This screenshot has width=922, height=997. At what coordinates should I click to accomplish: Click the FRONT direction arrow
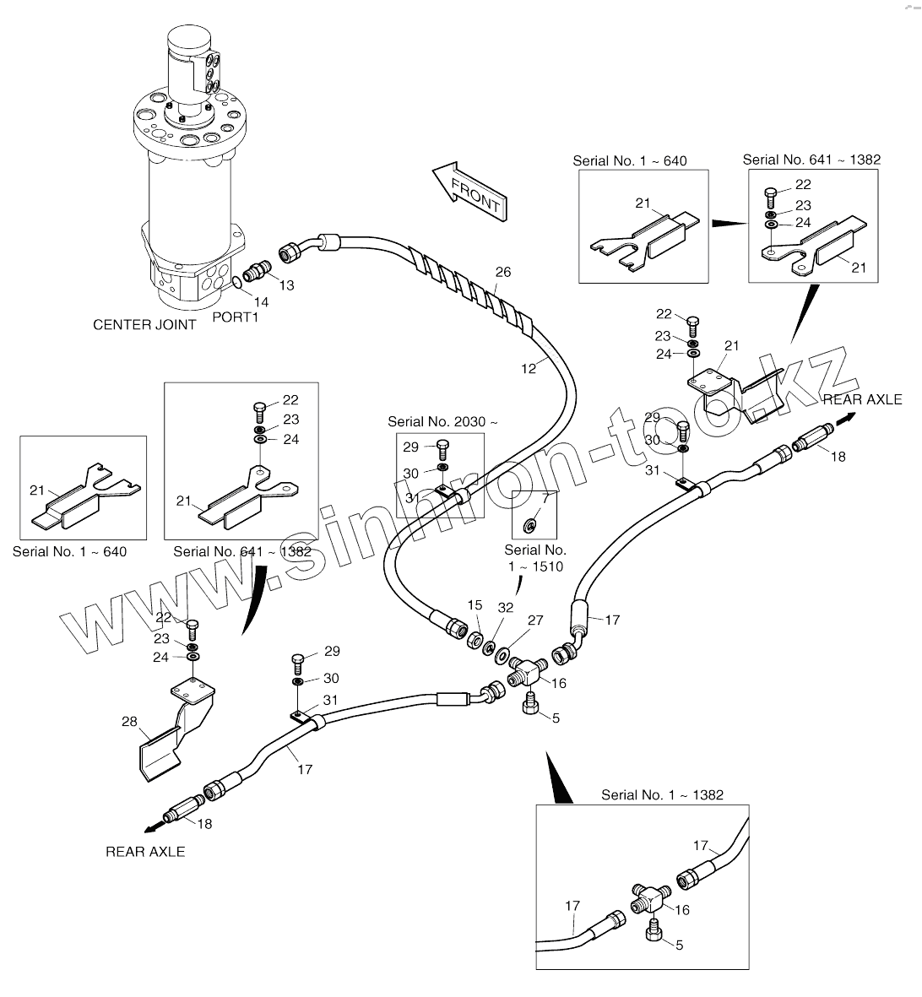point(470,192)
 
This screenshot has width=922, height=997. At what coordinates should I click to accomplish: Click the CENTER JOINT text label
point(144,325)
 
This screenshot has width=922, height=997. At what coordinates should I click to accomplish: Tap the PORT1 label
point(236,317)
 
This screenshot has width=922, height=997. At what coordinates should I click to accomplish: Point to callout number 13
point(287,285)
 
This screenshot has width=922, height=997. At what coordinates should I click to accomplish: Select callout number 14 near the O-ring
point(262,302)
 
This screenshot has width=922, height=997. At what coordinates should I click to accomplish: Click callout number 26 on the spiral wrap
point(503,272)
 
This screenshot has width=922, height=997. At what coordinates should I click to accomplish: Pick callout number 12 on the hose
point(529,369)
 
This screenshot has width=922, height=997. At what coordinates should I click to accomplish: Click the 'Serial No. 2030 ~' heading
point(442,421)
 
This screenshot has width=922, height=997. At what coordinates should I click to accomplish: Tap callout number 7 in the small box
point(545,498)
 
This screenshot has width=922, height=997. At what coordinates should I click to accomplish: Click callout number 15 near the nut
point(475,605)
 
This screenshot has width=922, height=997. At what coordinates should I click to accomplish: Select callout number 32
point(506,608)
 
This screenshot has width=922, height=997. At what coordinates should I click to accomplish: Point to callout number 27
point(536,620)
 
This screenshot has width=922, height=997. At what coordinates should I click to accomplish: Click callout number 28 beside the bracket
point(129,722)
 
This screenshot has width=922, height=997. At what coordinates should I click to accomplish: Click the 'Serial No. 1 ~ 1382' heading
point(663,794)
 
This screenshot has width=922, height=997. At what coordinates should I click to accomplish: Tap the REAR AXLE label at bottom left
point(145,852)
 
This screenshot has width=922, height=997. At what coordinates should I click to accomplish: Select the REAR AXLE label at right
point(863,399)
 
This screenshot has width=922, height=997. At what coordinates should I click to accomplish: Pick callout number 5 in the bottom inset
point(679,946)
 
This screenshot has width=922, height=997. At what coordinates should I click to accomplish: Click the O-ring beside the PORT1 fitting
point(236,282)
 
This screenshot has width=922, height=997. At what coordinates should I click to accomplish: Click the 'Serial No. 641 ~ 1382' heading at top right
point(812,160)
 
